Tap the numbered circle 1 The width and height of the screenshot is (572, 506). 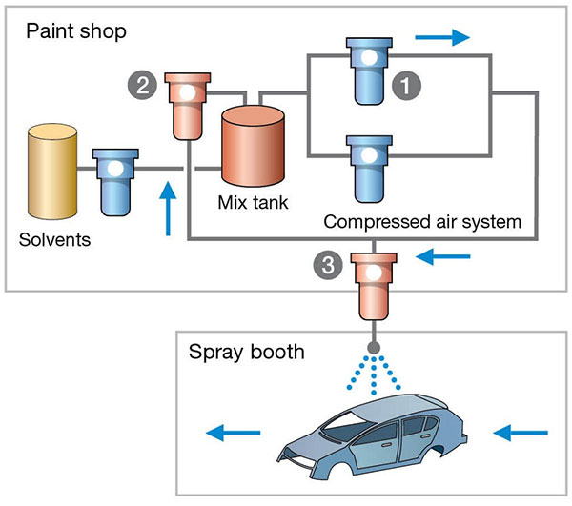408,85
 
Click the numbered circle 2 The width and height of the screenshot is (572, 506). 140,85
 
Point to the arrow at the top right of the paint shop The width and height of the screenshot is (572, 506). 442,37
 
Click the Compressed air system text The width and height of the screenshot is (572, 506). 422,222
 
